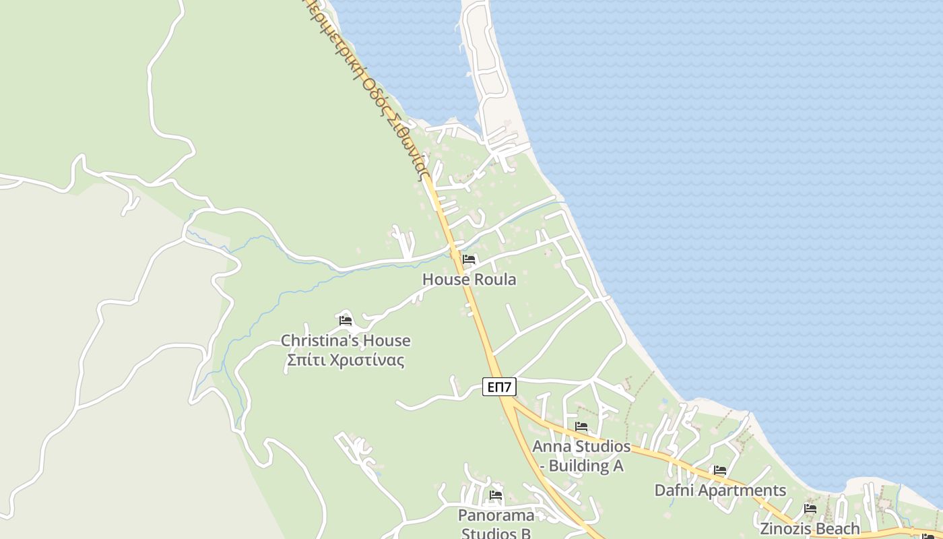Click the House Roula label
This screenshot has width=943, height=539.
[469, 279]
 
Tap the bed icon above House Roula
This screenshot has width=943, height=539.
[469, 259]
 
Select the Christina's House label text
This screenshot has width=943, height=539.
[346, 340]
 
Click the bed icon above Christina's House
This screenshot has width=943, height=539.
[346, 320]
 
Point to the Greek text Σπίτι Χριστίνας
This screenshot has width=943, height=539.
[346, 360]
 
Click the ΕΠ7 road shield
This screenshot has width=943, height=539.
[499, 387]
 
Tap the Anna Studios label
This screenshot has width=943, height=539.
[581, 446]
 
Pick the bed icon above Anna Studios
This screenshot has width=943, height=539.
[581, 426]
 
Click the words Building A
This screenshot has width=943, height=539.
[586, 466]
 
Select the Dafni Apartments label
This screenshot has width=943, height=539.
[720, 490]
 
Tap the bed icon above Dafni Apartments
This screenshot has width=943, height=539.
[720, 470]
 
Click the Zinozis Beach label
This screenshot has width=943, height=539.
[810, 528]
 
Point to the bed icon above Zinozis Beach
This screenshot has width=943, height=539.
[810, 508]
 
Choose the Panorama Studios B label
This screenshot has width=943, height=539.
[496, 524]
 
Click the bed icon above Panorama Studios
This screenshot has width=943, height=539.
[496, 495]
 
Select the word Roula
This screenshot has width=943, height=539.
[494, 279]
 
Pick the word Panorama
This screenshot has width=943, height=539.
[496, 515]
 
